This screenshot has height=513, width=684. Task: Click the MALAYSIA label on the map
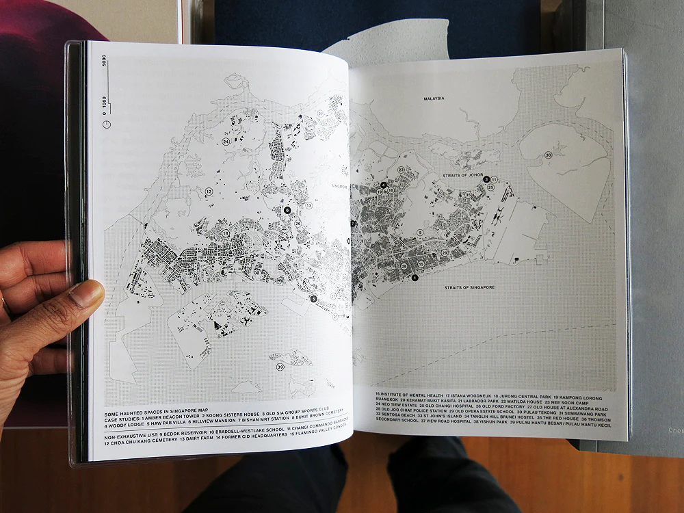434,98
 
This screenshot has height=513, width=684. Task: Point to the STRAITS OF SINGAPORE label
469,287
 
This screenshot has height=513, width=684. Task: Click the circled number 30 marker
548,155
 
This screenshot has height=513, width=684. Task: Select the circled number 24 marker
225,142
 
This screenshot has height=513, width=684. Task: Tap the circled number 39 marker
280,367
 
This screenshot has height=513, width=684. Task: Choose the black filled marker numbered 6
287,210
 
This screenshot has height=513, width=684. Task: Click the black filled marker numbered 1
414,277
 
